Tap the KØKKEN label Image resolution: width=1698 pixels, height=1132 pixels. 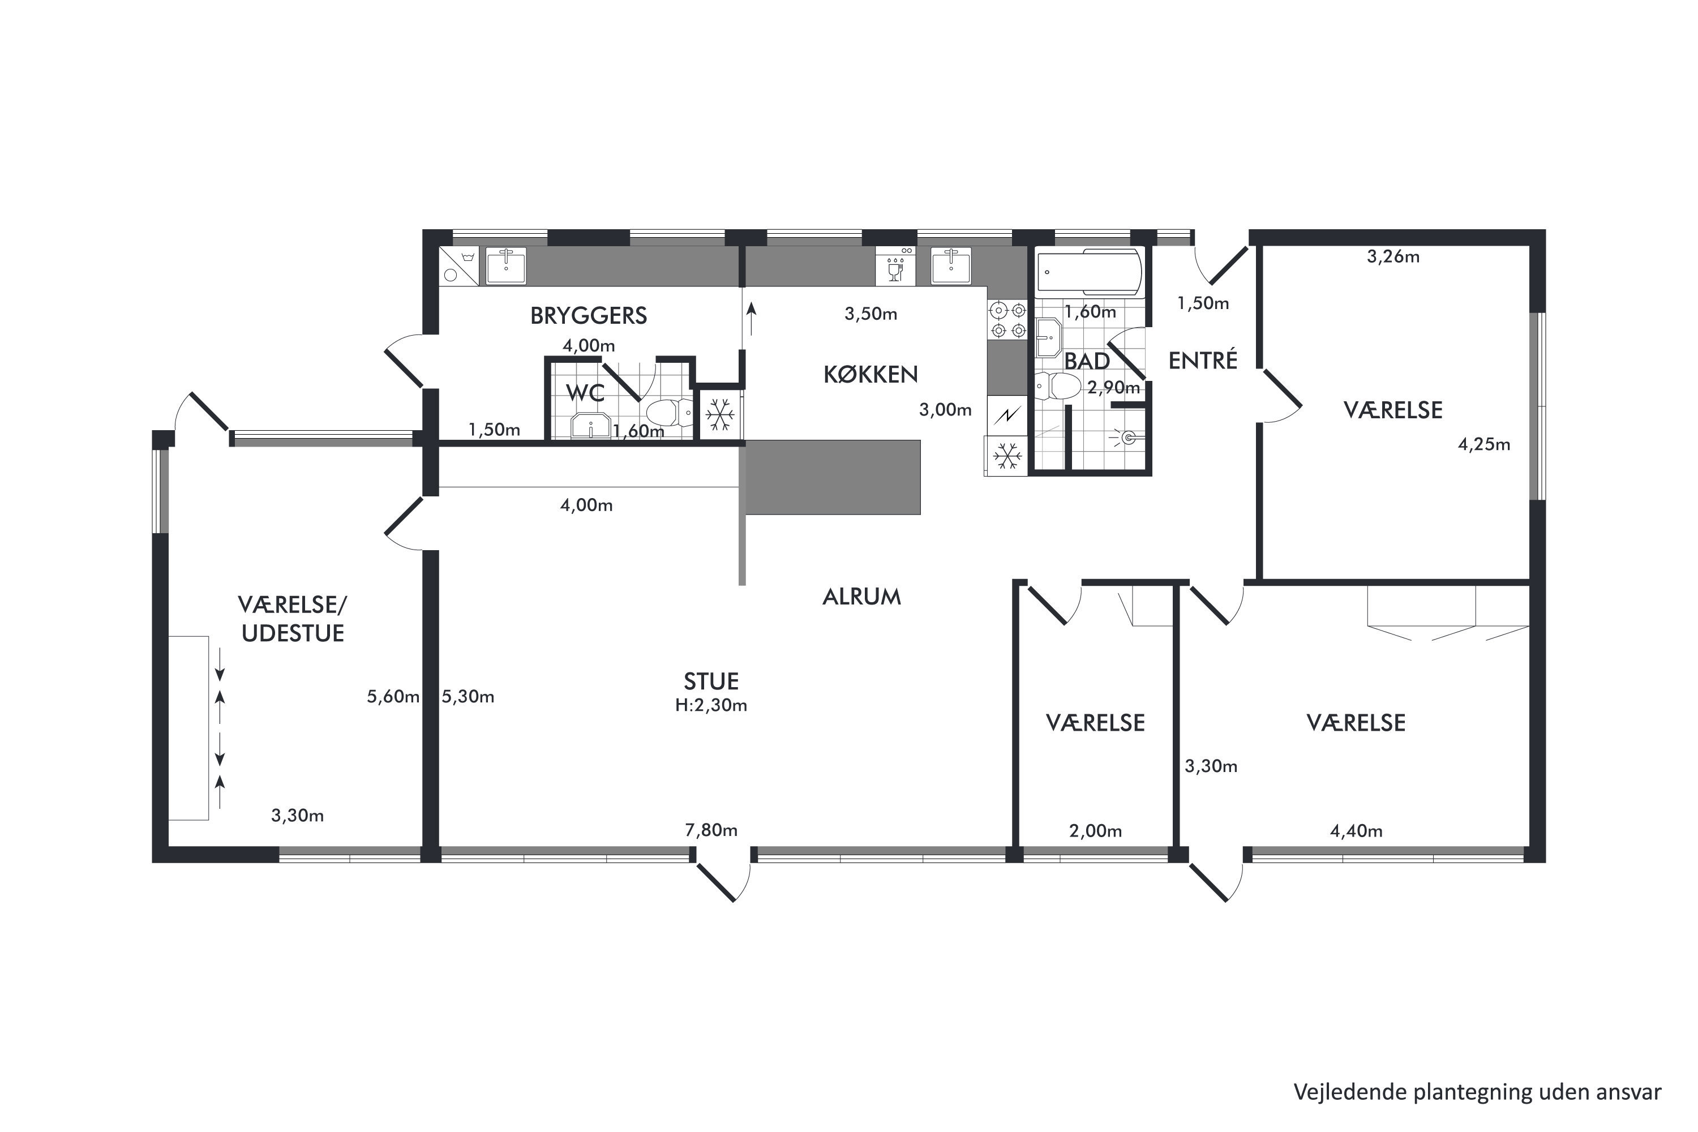coord(871,374)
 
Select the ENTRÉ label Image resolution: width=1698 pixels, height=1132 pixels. coord(1203,359)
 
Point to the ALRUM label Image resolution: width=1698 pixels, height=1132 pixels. coord(862,597)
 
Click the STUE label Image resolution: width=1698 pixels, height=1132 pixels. coord(711,681)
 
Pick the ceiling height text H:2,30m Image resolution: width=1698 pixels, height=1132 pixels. coord(711,705)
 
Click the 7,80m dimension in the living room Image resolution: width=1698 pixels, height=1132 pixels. coord(711,830)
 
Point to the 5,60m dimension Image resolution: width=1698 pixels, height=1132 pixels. coord(393,697)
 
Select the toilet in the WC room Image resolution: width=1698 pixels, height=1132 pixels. coord(668,414)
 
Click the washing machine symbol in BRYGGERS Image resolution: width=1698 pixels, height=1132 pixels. coord(458,265)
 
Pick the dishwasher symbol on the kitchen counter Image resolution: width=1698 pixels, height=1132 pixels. coord(895,265)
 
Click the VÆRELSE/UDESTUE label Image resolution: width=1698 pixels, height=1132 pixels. coord(293,619)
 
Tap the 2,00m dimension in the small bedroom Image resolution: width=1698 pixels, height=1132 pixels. coord(1095,831)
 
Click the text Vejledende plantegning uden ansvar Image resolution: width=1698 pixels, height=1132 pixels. coord(1478,1092)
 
